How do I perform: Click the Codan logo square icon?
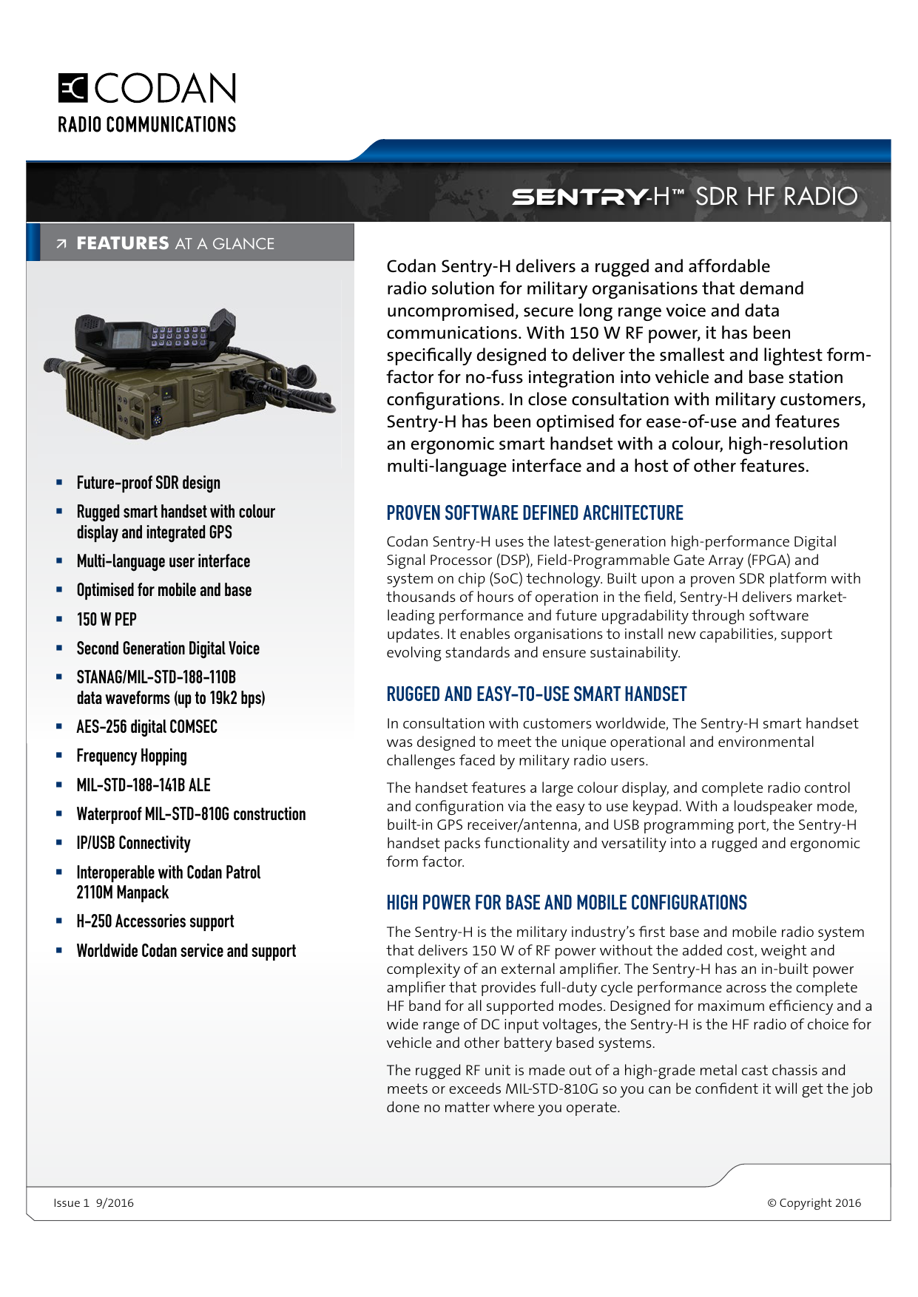coord(73,88)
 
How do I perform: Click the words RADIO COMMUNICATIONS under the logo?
coord(146,124)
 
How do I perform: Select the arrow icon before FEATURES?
coord(61,244)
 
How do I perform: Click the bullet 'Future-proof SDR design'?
coord(148,483)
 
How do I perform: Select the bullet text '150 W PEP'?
coord(107,620)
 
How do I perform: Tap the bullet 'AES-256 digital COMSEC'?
coord(146,727)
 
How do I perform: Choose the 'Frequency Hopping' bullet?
coord(132,756)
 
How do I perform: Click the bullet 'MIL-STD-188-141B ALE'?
coord(144,785)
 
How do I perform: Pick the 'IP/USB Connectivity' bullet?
coord(133,843)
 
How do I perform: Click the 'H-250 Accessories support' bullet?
coord(155,921)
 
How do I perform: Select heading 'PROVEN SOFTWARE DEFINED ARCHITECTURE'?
coord(534,513)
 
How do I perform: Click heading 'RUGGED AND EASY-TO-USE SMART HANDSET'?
coord(536,694)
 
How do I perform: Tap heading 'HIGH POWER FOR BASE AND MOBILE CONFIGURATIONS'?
coord(567,903)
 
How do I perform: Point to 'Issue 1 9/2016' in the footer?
coord(93,1203)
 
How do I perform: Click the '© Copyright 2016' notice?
coord(814,1203)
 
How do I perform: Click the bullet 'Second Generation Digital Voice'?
coord(168,648)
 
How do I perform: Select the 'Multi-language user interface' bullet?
coord(163,561)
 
